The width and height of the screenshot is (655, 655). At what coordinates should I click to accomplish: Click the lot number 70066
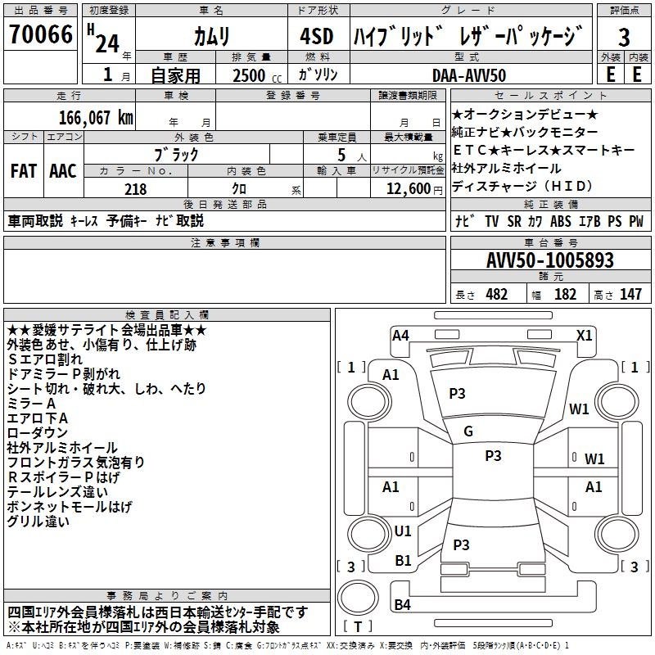click(x=41, y=34)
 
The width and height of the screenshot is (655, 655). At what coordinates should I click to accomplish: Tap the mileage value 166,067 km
click(x=96, y=118)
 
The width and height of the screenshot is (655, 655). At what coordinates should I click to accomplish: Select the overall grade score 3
click(x=624, y=37)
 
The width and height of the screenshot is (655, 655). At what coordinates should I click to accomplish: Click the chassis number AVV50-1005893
click(x=550, y=260)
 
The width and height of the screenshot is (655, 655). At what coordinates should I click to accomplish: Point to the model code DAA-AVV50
click(x=469, y=75)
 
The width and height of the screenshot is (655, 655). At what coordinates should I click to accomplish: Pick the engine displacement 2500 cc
click(x=257, y=75)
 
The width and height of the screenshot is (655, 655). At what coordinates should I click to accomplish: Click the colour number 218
click(x=136, y=189)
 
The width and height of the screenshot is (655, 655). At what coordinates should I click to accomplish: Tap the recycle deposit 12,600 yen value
click(x=414, y=189)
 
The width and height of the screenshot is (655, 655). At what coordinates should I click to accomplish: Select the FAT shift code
click(x=24, y=171)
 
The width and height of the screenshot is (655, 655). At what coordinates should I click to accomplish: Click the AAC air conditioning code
click(x=63, y=171)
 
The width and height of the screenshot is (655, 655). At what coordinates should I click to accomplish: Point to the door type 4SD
click(x=317, y=36)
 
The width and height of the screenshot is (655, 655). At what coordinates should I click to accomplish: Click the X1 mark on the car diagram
click(x=584, y=336)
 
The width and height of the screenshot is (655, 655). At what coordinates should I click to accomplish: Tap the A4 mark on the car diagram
click(x=400, y=336)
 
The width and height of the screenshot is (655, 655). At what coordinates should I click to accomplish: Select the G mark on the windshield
click(x=468, y=431)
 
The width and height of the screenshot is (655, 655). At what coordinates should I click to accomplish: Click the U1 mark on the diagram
click(x=403, y=531)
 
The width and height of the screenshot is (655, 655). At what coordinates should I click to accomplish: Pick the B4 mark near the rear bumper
click(x=402, y=604)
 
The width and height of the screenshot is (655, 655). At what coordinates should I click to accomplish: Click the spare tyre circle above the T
click(x=358, y=597)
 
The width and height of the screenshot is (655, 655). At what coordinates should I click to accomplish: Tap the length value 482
click(x=497, y=294)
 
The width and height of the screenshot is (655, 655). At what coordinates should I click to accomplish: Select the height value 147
click(x=630, y=294)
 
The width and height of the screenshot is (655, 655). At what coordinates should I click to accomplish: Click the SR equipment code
click(x=514, y=221)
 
